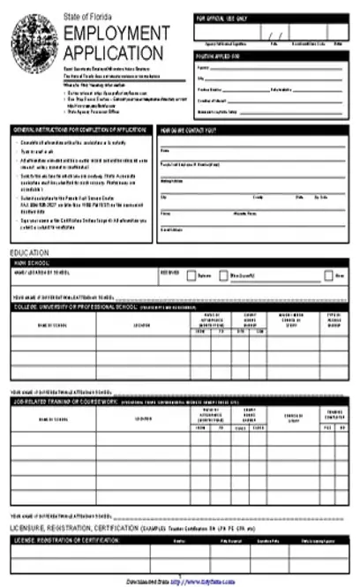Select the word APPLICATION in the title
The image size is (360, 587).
[109, 50]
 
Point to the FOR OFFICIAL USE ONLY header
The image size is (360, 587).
[221, 18]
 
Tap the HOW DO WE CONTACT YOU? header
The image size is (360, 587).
[191, 130]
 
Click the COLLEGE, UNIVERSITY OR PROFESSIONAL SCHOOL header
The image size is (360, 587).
[75, 307]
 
